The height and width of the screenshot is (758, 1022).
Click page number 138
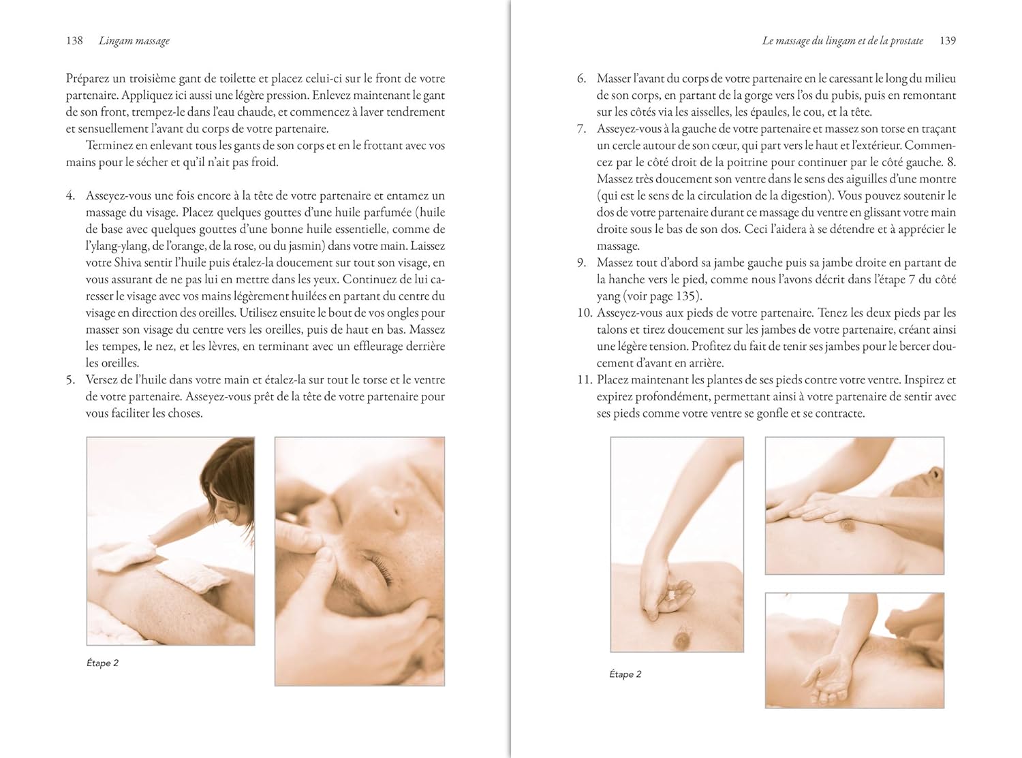coord(74,41)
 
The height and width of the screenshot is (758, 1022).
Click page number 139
coord(947,41)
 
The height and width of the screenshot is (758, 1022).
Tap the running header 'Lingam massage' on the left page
coord(134,41)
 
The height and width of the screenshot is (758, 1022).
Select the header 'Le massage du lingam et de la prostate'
coord(842,41)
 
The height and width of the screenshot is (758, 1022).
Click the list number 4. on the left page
coord(70,195)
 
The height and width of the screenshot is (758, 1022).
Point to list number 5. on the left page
coord(70,380)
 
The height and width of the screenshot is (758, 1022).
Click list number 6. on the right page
coord(581,78)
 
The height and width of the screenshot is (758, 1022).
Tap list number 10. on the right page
coord(585,313)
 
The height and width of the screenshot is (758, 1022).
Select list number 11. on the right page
coord(585,380)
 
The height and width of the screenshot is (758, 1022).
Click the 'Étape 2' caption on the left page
coord(102,663)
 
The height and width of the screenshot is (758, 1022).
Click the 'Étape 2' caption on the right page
coord(625,674)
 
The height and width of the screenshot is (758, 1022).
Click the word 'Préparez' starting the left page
coord(87,79)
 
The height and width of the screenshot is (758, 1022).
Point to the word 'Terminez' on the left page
coord(106,146)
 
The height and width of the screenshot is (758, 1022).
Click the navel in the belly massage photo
coord(681,639)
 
